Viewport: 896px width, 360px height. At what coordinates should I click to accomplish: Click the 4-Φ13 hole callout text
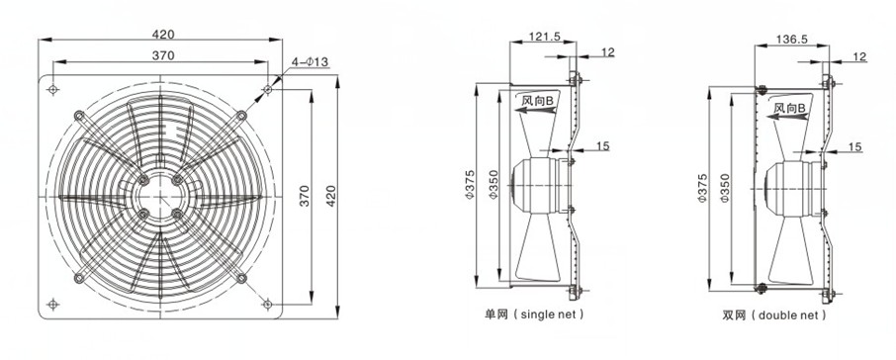[x=310, y=62]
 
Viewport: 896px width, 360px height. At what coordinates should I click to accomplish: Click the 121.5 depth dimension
[x=543, y=37]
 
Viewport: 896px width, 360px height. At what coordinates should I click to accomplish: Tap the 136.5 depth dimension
[x=791, y=40]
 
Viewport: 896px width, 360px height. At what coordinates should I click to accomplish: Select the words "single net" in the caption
[x=549, y=315]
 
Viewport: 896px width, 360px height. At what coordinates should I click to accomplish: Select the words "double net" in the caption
[x=790, y=315]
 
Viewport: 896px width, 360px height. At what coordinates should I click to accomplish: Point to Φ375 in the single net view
[x=470, y=185]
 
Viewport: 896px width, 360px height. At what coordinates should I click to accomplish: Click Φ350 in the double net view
[x=726, y=189]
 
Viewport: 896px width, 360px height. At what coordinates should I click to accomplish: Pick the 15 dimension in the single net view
[x=602, y=146]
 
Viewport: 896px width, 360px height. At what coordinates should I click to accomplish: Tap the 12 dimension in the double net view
[x=859, y=56]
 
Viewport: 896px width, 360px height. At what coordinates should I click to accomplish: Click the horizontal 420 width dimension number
[x=163, y=35]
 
